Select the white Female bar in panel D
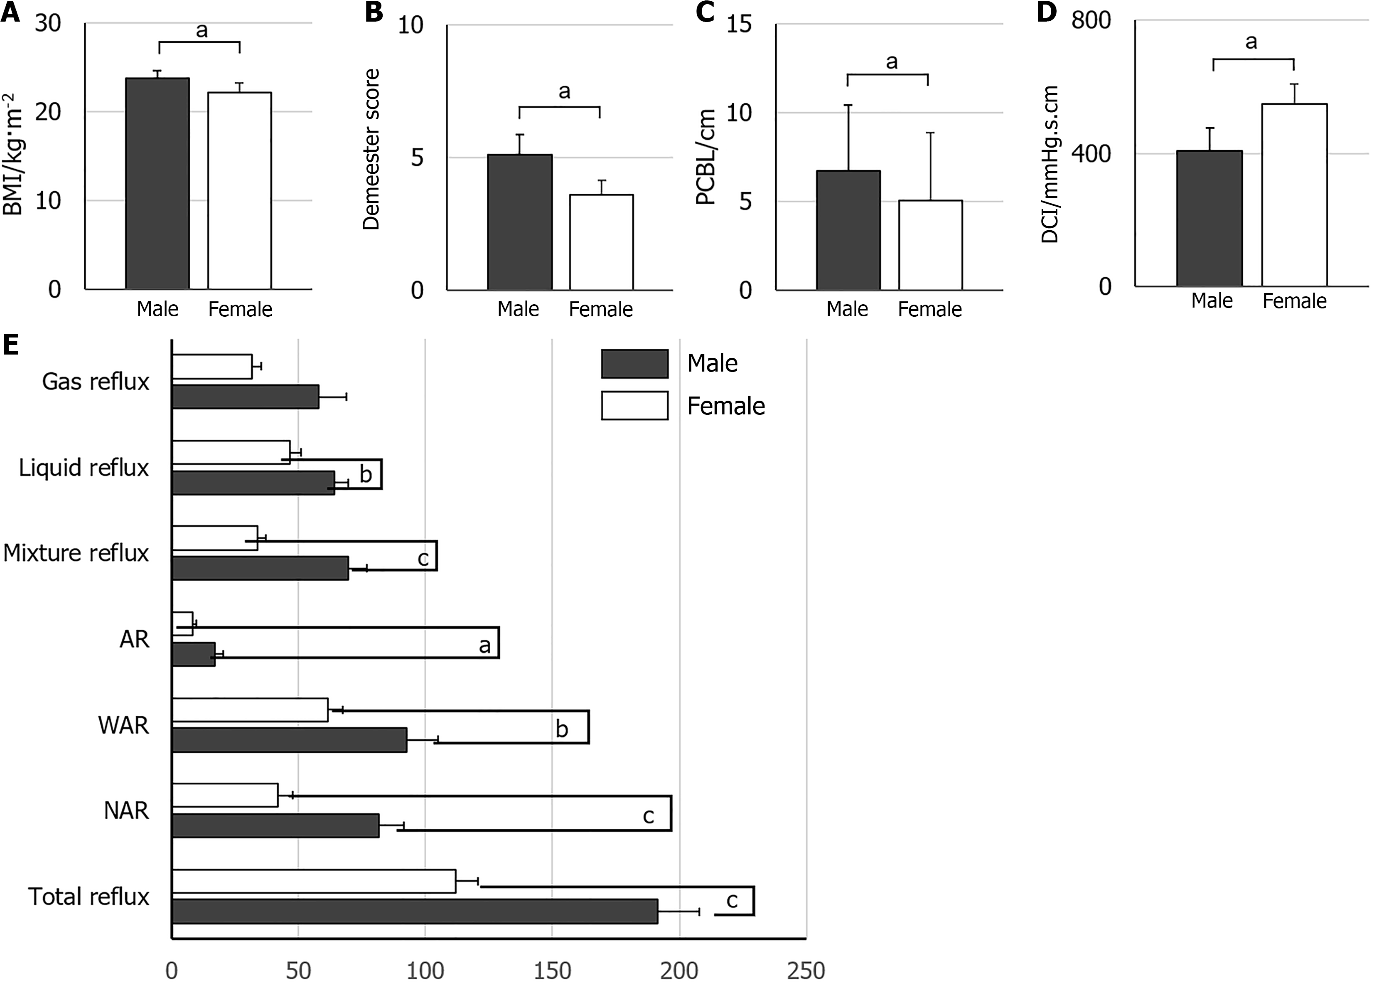click(1294, 195)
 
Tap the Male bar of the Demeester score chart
click(519, 222)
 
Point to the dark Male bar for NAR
click(275, 825)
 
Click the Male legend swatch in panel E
click(634, 364)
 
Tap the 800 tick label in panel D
click(1091, 21)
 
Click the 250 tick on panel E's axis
click(806, 971)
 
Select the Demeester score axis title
click(371, 149)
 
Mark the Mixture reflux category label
click(76, 553)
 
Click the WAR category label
click(123, 725)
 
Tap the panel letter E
click(10, 345)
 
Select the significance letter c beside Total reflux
click(732, 901)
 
